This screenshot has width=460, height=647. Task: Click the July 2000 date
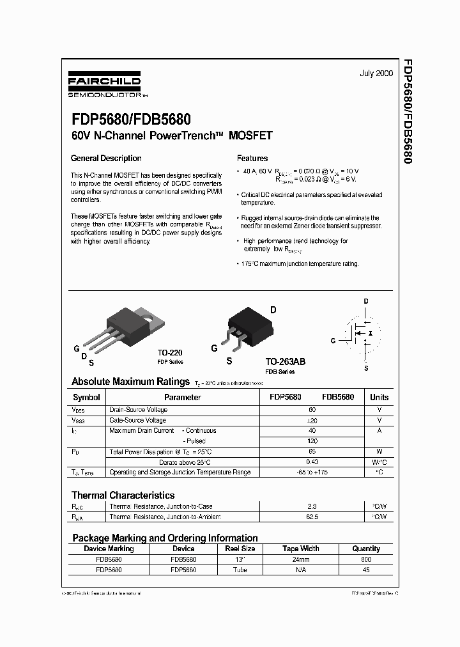[x=377, y=74]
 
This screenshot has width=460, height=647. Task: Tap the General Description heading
[x=106, y=159]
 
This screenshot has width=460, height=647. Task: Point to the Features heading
[x=252, y=159]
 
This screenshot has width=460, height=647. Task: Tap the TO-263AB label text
[x=286, y=361]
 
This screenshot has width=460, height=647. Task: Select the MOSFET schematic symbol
[x=363, y=334]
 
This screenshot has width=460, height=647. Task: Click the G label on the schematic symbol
[x=332, y=340]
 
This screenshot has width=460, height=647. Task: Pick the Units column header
[x=379, y=397]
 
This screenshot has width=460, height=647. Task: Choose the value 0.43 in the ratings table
[x=312, y=462]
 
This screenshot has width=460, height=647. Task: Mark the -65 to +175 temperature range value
[x=312, y=472]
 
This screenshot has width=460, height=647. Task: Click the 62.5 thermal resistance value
[x=312, y=517]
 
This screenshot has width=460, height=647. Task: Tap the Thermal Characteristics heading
[x=123, y=495]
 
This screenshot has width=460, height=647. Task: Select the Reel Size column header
[x=240, y=549]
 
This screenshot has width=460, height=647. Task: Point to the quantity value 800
[x=366, y=559]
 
